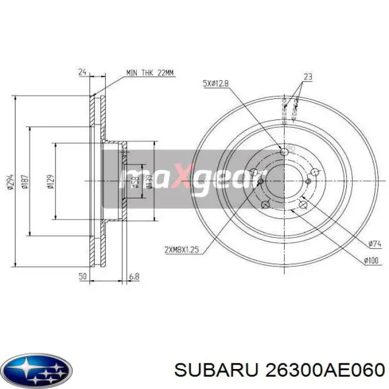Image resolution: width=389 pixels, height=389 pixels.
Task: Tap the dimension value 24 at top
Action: click(83, 71)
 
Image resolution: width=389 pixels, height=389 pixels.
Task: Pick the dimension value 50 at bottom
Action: click(83, 276)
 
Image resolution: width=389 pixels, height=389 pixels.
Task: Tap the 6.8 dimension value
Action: click(134, 276)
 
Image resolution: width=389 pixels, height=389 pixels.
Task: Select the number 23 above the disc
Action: click(308, 76)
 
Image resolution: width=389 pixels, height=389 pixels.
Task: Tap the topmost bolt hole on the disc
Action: click(285, 152)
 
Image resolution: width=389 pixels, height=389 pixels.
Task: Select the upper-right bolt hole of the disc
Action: click(315, 172)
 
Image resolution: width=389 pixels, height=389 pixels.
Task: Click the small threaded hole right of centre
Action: click(309, 181)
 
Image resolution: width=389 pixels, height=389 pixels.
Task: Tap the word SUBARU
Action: click(204, 370)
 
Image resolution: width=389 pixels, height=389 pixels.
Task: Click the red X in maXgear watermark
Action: click(183, 175)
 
